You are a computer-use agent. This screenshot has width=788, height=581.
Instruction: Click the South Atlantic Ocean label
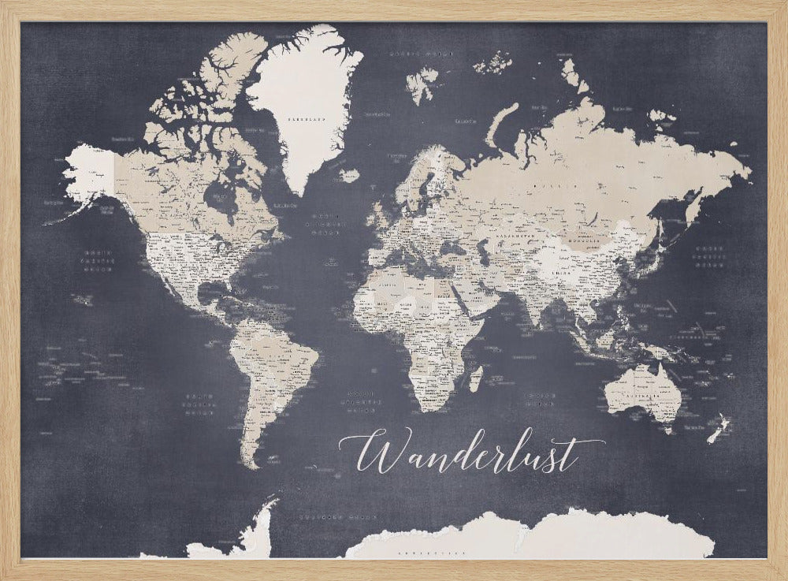pyautogui.click(x=360, y=400)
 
